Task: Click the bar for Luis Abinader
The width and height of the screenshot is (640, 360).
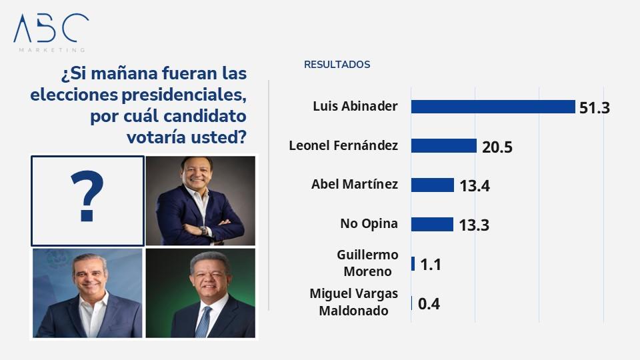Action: [x=493, y=107]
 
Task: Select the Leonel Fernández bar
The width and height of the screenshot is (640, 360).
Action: [x=443, y=146]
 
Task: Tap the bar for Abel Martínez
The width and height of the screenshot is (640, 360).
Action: [x=432, y=185]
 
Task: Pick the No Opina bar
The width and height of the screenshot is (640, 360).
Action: [x=432, y=224]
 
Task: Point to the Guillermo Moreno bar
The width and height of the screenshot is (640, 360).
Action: [x=413, y=263]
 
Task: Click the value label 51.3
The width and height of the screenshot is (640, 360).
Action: [x=595, y=107]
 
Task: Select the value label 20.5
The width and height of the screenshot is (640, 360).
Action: [x=497, y=147]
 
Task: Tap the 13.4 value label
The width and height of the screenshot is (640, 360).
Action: [x=475, y=186]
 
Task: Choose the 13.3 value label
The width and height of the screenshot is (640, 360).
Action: [x=474, y=225]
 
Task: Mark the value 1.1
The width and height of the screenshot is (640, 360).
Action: [x=431, y=265]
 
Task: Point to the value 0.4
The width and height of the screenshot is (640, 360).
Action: [x=429, y=304]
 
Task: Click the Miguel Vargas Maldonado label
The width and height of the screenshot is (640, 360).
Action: [x=353, y=302]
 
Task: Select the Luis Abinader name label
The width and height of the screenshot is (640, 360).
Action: [x=355, y=107]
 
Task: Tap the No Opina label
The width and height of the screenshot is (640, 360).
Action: [x=369, y=224]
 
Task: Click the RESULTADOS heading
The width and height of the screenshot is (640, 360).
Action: [x=337, y=65]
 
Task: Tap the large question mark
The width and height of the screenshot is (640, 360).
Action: [x=87, y=197]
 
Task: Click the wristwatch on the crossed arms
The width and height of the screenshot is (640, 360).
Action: [x=204, y=230]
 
